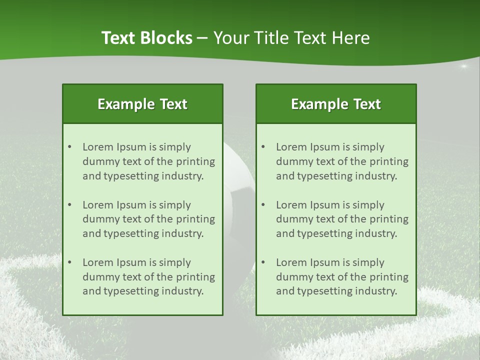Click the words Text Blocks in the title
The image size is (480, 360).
coord(146,38)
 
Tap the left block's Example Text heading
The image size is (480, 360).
coord(142,104)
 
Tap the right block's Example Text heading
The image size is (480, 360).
coord(336,104)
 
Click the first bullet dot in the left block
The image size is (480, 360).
coord(69,147)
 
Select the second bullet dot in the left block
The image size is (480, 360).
coord(69,205)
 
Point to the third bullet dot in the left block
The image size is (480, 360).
coord(69,262)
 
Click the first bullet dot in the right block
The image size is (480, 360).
coord(263,147)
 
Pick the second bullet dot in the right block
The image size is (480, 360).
coord(263,205)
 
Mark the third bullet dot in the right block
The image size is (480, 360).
coord(263,262)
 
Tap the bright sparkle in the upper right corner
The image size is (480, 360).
coord(463,66)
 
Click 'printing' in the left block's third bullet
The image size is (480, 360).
coord(195,277)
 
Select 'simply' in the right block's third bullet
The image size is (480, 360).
coord(368,262)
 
